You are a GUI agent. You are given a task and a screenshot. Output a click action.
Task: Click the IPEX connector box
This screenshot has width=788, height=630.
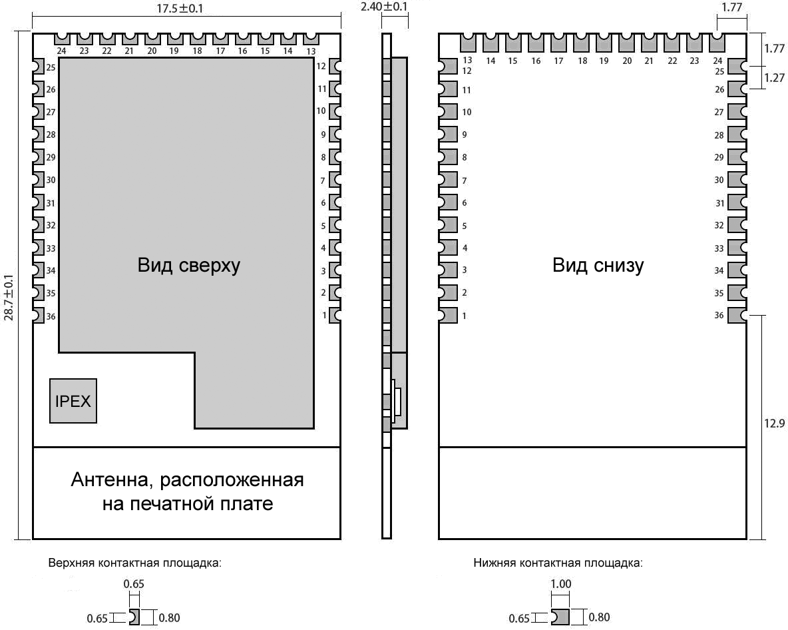click(x=73, y=401)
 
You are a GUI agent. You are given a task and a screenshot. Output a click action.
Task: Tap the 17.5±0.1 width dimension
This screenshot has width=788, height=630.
click(x=180, y=9)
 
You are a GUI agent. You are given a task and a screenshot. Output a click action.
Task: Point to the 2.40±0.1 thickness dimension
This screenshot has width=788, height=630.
click(x=385, y=7)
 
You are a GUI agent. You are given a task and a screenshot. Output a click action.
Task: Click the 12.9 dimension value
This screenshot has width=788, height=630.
click(x=775, y=424)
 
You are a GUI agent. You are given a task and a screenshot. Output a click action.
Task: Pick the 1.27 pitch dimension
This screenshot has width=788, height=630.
click(x=775, y=78)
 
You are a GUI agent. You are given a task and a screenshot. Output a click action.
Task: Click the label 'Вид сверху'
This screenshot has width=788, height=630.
click(x=189, y=265)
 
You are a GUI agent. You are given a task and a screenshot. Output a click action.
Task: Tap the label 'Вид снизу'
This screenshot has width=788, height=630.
click(x=598, y=265)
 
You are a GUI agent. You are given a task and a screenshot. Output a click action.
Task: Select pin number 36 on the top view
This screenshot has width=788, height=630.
click(x=51, y=316)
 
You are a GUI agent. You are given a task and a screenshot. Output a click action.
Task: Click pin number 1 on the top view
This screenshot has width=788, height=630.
click(x=325, y=315)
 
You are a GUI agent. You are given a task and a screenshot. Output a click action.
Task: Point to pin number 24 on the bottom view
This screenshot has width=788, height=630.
click(x=717, y=61)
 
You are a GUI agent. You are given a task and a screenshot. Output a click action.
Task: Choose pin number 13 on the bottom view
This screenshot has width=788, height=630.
click(x=467, y=61)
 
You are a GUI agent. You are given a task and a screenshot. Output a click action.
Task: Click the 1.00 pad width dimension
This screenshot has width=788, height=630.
click(x=561, y=584)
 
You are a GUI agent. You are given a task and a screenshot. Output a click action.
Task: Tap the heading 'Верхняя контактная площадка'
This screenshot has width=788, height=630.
click(x=134, y=563)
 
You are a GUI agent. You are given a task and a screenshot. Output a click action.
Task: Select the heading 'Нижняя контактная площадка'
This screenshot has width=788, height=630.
click(x=558, y=563)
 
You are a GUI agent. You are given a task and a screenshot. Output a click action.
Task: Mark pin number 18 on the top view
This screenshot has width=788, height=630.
click(x=197, y=51)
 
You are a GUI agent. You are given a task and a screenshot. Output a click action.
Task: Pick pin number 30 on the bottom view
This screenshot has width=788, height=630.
click(x=719, y=180)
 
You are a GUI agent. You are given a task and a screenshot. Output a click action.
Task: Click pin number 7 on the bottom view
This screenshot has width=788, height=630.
click(x=465, y=180)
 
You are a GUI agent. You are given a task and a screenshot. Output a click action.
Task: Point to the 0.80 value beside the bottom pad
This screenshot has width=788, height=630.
click(x=599, y=617)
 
